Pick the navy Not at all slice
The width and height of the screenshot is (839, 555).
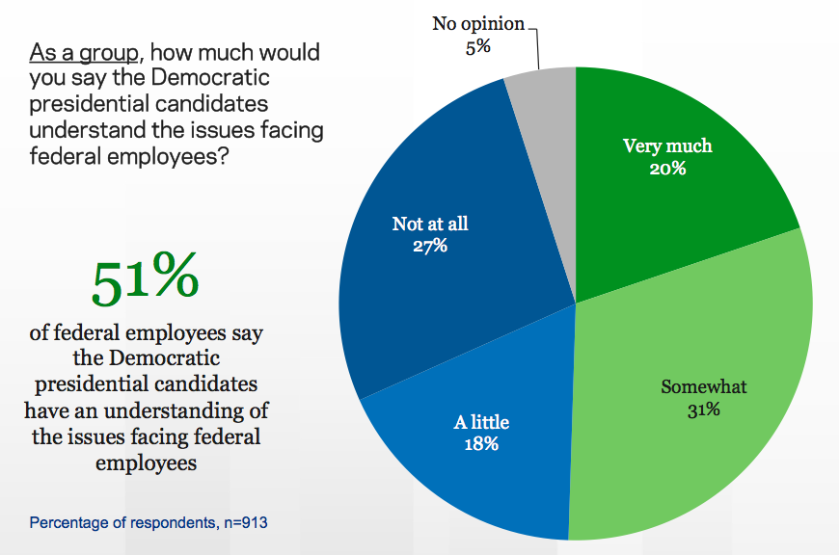point(444,289)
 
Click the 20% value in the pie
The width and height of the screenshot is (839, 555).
point(667,169)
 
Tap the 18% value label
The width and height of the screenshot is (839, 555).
point(480,444)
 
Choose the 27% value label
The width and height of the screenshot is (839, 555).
point(430,246)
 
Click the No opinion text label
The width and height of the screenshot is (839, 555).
point(477,23)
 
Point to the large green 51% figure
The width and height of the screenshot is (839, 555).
point(146,277)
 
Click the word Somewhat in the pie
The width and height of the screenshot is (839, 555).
point(704,387)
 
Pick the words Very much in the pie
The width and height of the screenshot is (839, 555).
point(667,146)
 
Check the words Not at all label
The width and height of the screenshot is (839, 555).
point(430,224)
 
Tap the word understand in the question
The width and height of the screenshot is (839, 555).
point(76,127)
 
